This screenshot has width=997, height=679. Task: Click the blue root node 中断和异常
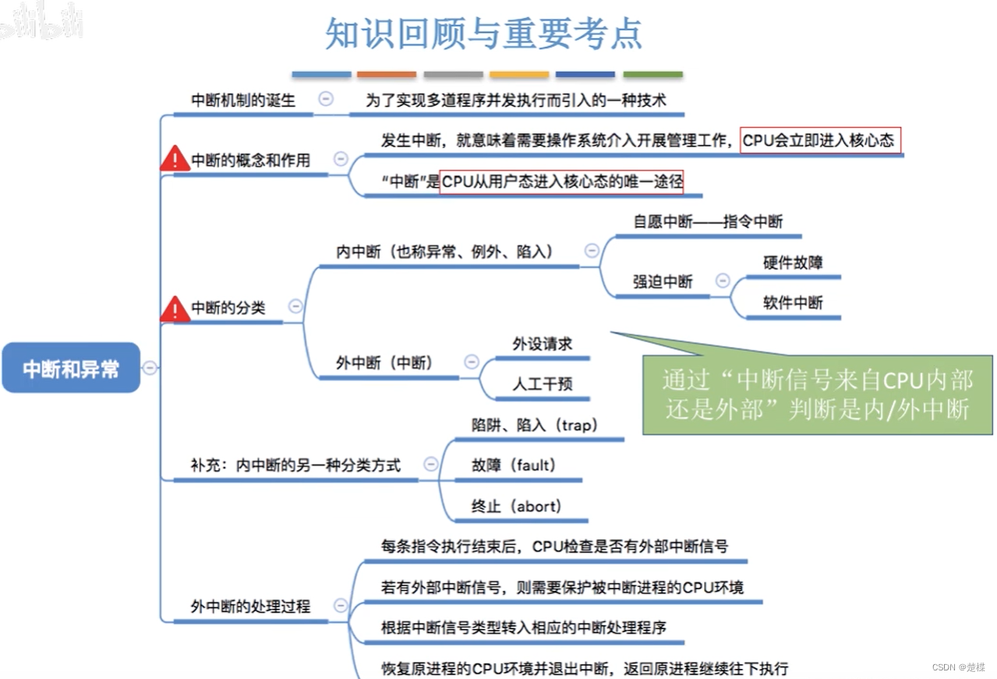71,368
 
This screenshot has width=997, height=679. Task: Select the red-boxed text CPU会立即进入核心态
818,140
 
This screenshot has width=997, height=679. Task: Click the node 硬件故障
793,263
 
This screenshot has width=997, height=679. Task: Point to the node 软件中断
793,302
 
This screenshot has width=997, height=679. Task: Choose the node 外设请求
543,344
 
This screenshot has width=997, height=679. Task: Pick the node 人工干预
543,384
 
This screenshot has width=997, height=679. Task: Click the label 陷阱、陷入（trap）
534,425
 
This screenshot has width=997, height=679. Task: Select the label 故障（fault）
514,465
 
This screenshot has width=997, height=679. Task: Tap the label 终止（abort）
516,506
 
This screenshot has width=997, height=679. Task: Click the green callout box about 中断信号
818,394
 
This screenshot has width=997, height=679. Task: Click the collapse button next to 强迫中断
723,281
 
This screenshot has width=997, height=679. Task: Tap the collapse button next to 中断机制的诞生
326,98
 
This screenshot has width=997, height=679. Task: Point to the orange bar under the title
387,75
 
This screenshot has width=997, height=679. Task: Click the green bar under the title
652,75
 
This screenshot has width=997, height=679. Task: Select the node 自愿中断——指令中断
708,221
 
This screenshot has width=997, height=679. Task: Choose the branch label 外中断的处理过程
251,606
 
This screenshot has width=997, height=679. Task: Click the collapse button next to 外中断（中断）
471,362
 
